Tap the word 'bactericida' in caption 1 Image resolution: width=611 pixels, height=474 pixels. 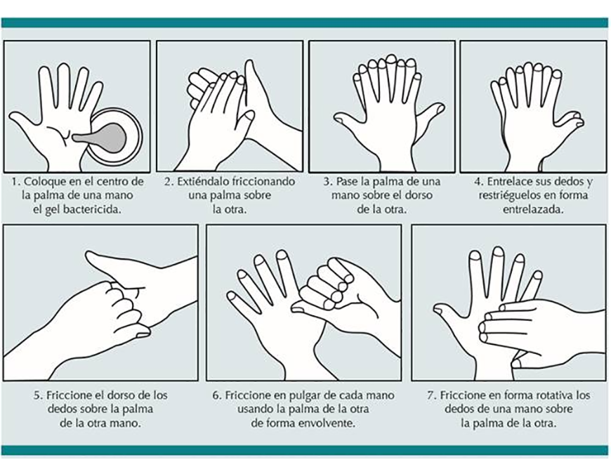(x=92, y=209)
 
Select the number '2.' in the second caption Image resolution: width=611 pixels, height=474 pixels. (x=169, y=181)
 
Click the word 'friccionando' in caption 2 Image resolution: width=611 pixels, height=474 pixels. (x=263, y=181)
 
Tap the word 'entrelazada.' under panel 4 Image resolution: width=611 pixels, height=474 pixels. (x=533, y=209)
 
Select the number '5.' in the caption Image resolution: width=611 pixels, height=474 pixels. (x=38, y=395)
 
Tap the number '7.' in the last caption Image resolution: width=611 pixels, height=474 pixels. (x=431, y=395)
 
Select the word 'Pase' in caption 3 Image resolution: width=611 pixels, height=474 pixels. (x=344, y=181)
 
